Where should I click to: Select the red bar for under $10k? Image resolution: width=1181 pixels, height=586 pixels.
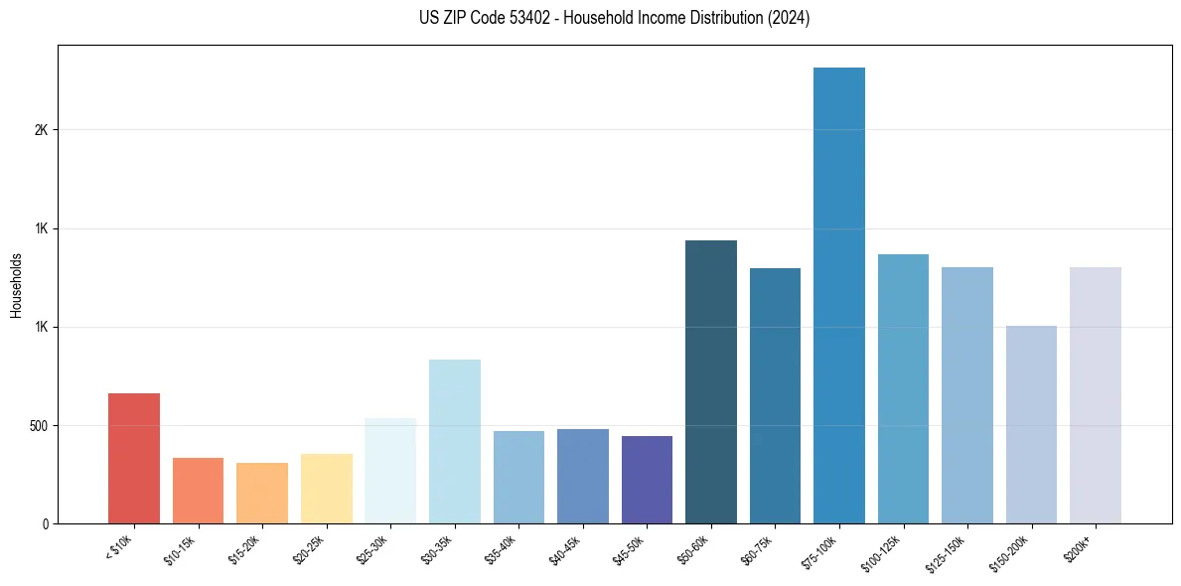(x=134, y=458)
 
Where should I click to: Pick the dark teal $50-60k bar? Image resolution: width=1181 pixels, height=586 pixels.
(x=710, y=381)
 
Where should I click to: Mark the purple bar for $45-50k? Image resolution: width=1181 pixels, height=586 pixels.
(x=647, y=480)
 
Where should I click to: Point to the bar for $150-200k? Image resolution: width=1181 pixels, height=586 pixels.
(x=1031, y=424)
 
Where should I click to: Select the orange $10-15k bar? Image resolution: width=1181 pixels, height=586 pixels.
(x=198, y=491)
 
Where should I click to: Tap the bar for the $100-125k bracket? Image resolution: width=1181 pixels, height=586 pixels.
(x=903, y=388)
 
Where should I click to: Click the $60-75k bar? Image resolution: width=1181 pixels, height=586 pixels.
(x=775, y=395)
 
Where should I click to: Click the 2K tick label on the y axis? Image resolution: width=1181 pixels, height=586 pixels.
(x=41, y=130)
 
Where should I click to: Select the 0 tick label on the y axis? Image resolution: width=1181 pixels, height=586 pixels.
(x=45, y=524)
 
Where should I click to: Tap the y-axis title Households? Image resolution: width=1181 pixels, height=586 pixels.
(x=16, y=285)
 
